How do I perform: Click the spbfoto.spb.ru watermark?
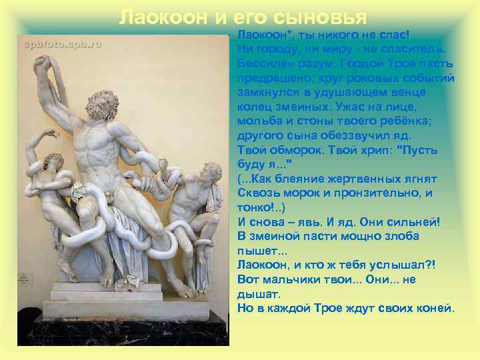[63, 44]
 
